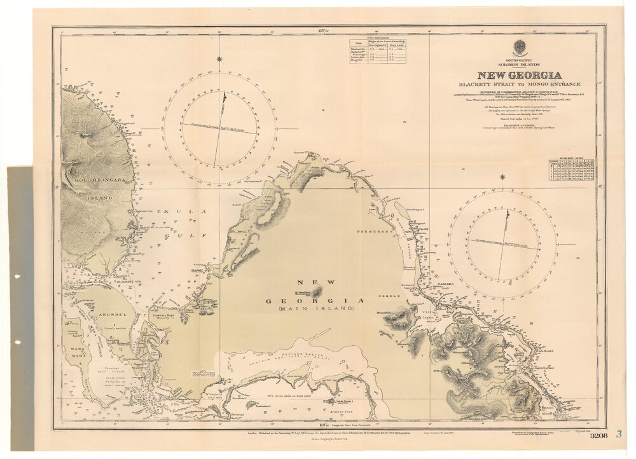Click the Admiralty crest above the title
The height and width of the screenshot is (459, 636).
tap(520, 47)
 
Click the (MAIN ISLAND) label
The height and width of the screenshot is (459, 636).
tap(315, 308)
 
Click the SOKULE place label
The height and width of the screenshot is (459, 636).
tap(391, 296)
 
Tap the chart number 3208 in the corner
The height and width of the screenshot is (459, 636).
tap(598, 436)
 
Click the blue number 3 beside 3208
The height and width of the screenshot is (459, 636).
tap(618, 435)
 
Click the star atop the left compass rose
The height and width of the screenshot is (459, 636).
tap(219, 59)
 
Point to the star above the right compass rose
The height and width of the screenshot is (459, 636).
tap(502, 177)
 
